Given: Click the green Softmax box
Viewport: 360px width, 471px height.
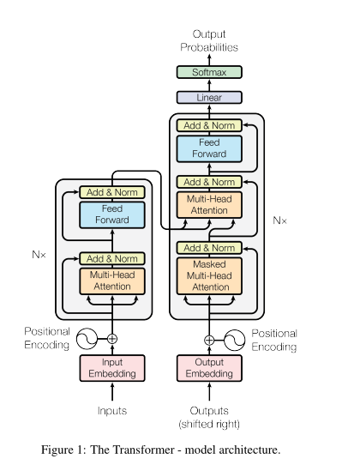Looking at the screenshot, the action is [x=209, y=72].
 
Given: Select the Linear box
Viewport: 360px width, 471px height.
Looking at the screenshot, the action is [x=209, y=97].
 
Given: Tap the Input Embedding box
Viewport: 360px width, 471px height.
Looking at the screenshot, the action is [x=112, y=368].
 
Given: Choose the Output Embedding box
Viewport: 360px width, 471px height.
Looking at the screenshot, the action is [x=209, y=368].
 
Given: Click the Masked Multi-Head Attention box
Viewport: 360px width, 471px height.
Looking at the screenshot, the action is [x=209, y=275].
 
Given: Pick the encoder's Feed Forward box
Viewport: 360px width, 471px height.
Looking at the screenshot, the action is [x=112, y=214].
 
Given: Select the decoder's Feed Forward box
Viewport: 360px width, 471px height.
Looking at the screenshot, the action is [x=209, y=148].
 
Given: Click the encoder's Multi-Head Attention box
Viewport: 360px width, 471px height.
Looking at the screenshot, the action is [x=112, y=281].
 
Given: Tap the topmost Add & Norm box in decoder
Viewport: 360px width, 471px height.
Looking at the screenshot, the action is [x=209, y=125].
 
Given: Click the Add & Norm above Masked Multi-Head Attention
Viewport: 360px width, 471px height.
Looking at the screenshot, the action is [x=209, y=248].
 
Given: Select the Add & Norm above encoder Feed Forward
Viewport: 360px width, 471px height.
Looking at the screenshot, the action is [x=112, y=192].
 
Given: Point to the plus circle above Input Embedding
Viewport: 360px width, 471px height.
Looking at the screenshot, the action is [x=112, y=339].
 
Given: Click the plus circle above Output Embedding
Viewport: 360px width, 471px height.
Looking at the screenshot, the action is [x=209, y=341].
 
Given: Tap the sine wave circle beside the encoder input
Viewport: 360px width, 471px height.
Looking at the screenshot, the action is [x=87, y=339].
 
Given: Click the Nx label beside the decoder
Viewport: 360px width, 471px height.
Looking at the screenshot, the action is [x=279, y=220].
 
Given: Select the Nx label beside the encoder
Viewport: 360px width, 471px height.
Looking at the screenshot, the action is [x=39, y=255].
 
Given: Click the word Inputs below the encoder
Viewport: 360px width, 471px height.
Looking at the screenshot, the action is [x=112, y=411].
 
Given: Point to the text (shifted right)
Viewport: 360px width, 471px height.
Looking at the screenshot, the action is [x=209, y=424].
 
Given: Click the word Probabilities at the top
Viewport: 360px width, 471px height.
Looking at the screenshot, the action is [x=209, y=47].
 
